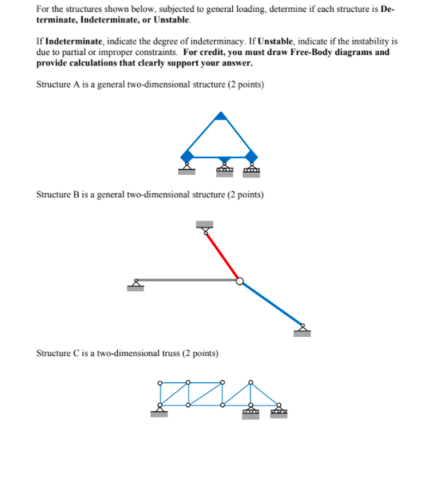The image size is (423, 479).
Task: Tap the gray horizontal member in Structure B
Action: (x=188, y=279)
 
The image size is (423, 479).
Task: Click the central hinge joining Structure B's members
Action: (x=240, y=280)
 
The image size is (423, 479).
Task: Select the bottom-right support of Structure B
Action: (x=302, y=328)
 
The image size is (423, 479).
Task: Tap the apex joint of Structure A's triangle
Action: (x=220, y=117)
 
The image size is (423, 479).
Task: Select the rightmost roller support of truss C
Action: (x=278, y=412)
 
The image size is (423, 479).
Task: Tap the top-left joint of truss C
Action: (x=160, y=382)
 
